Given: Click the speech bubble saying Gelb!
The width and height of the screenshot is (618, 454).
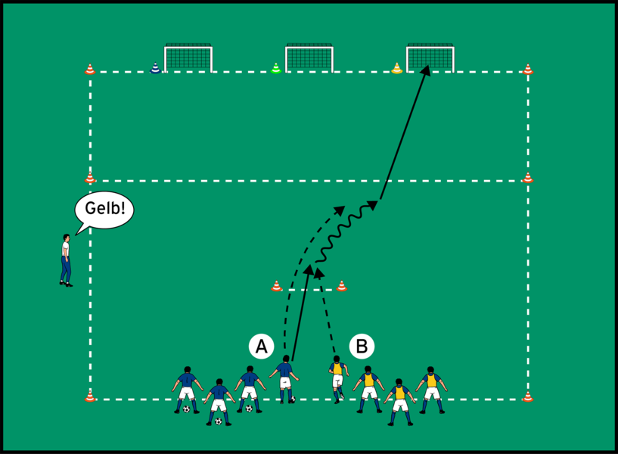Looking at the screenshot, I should coord(104,210).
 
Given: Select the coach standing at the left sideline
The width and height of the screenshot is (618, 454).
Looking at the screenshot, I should coord(66,260).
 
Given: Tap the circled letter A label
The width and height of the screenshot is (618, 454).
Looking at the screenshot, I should coord(261,347).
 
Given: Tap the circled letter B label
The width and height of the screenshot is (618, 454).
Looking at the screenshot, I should coord(362,347).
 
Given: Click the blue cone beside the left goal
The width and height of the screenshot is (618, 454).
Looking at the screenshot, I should coord(156,68).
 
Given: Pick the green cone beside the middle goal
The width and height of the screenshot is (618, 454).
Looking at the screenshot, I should coord(276,68).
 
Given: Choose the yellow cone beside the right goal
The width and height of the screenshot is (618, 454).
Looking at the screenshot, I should coord(397,68).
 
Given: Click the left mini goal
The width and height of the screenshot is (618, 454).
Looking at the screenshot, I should coord(188,58).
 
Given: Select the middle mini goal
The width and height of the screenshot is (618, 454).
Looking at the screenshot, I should coord(309,58).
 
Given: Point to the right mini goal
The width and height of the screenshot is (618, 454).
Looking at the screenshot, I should coord(430,58).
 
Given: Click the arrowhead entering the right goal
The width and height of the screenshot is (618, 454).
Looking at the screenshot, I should coord(426,70).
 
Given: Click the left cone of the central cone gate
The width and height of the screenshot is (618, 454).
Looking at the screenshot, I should coord(277,286).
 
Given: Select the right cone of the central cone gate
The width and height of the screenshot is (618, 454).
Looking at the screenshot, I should coord(342,286).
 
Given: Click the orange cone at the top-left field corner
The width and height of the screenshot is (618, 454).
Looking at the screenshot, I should coord(90,70).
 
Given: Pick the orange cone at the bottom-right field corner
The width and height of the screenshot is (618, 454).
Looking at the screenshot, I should coord(528,396).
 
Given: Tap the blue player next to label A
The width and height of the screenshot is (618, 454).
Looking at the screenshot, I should coord(285,379).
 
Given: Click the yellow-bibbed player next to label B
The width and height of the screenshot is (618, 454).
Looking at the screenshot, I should coord(337,379).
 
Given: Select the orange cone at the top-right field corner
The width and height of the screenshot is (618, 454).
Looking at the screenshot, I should coord(528,70).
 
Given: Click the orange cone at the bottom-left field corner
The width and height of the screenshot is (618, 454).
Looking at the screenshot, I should coord(90,396).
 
